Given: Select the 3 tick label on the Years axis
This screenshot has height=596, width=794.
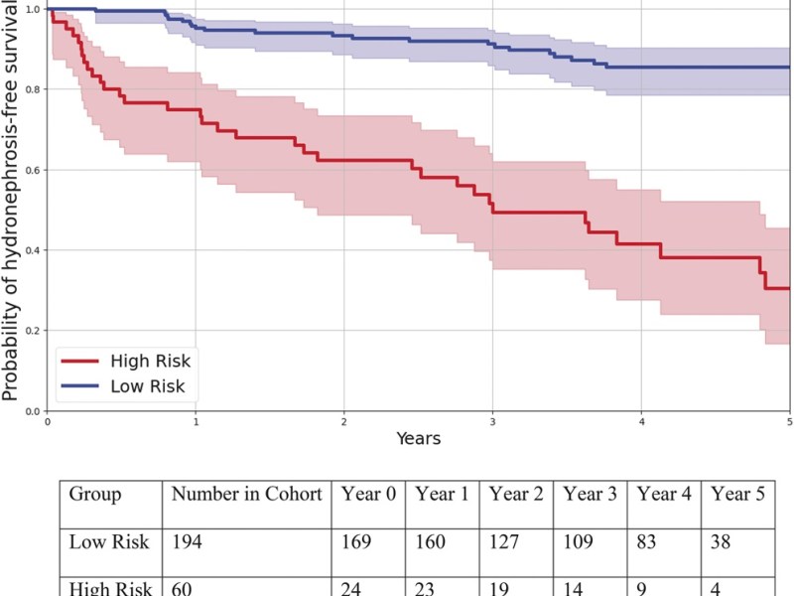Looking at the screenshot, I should pyautogui.click(x=492, y=421).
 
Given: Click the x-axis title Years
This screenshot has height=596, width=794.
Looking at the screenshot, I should pyautogui.click(x=418, y=438).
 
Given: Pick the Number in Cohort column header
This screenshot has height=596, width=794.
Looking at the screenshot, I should pyautogui.click(x=247, y=494).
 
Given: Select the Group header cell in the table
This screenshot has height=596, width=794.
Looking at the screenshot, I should pyautogui.click(x=95, y=494).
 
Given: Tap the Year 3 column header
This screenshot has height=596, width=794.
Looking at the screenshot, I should pyautogui.click(x=591, y=494).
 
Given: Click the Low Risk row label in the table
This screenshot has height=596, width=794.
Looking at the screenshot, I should pyautogui.click(x=109, y=542).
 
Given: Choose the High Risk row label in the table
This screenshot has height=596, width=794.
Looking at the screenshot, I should pyautogui.click(x=109, y=587).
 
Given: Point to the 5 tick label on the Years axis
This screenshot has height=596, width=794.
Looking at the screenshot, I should pyautogui.click(x=788, y=421).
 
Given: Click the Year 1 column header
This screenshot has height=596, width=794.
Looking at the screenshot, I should pyautogui.click(x=443, y=494).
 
